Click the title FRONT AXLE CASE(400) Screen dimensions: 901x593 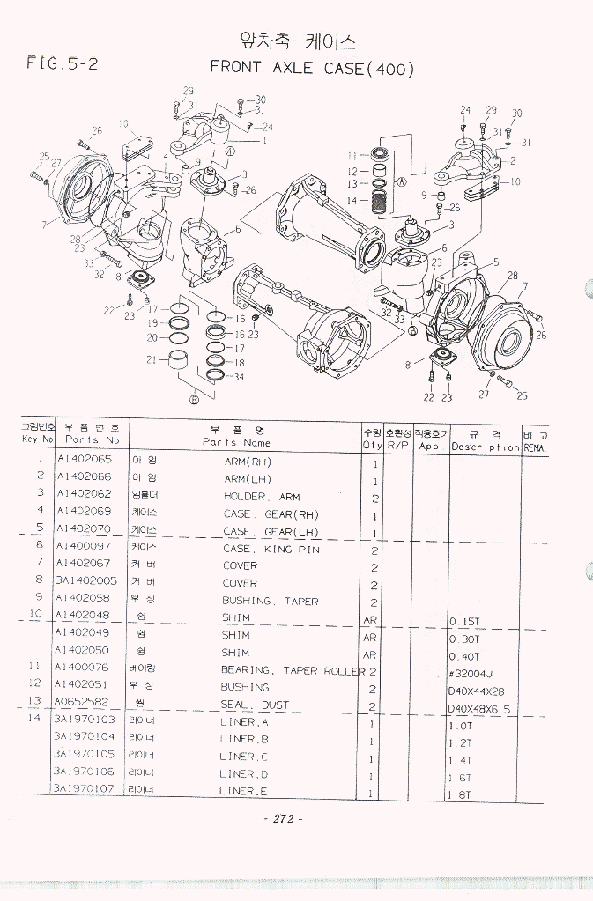coord(312,69)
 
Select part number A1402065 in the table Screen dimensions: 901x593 coord(84,461)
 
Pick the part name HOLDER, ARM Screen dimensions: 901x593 coord(262,497)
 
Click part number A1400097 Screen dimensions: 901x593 coord(84,547)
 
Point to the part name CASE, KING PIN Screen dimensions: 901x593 coord(271,549)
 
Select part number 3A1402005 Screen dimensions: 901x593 coord(85,581)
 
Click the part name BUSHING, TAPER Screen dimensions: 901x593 coord(270,602)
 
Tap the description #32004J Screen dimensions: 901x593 coord(470,674)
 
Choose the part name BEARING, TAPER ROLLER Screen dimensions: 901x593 coord(293,671)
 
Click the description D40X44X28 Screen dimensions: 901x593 coord(476,691)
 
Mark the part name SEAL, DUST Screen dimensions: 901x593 coord(255,705)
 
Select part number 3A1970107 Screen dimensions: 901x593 coord(85,789)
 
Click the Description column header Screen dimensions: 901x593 coord(486,446)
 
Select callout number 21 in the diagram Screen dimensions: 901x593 coord(152,359)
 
